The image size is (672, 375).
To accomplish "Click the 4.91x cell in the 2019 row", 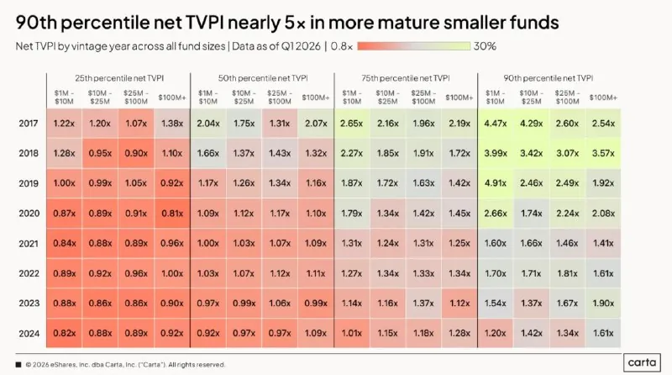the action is click(x=495, y=183).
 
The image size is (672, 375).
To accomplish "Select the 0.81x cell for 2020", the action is click(x=172, y=214).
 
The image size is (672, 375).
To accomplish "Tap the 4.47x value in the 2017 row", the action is click(x=495, y=124).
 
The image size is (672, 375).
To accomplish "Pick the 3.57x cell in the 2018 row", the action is click(x=603, y=153).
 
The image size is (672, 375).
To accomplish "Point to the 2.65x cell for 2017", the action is click(x=351, y=124).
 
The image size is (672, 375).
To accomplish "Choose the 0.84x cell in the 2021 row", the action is click(x=65, y=243).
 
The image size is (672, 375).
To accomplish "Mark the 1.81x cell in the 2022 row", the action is click(x=567, y=273).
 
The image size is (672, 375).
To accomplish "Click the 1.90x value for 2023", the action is click(x=603, y=303).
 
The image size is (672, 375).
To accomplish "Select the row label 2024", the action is click(x=29, y=334).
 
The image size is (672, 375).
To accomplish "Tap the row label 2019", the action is click(x=29, y=183).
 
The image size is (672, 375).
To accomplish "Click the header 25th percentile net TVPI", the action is click(x=119, y=78).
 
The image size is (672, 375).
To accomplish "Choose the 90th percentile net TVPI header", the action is click(x=549, y=78).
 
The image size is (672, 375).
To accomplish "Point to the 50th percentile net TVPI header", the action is click(x=263, y=78).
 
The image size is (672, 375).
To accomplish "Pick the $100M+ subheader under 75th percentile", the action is click(x=459, y=98).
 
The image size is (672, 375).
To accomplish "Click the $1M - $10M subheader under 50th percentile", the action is click(x=207, y=98).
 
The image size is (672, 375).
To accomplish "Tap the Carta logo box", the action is click(x=642, y=362).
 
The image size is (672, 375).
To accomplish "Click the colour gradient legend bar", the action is click(x=413, y=46).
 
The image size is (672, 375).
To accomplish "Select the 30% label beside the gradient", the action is click(x=485, y=46).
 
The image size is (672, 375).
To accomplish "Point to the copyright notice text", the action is click(x=125, y=365).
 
